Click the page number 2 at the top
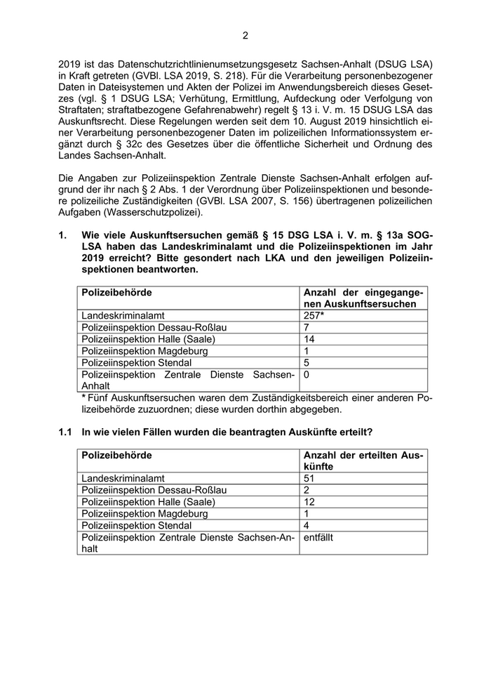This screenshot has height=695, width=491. [x=245, y=36]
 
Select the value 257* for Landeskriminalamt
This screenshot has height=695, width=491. [x=313, y=316]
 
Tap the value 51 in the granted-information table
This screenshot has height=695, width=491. [x=309, y=478]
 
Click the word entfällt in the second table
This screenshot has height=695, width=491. [x=321, y=537]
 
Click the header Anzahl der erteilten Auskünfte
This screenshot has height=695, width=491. [x=363, y=461]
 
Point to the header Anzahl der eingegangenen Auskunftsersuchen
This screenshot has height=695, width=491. [x=363, y=298]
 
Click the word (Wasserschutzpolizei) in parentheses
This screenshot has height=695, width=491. [x=156, y=213]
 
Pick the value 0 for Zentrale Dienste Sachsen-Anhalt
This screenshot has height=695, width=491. [x=307, y=376]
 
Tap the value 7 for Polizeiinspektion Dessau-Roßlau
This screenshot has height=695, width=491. [x=307, y=328]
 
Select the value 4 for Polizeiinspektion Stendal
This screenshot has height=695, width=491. [x=307, y=525]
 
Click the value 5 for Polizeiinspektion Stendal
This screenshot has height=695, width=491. [x=307, y=363]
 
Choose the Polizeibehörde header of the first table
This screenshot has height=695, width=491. [x=116, y=292]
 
